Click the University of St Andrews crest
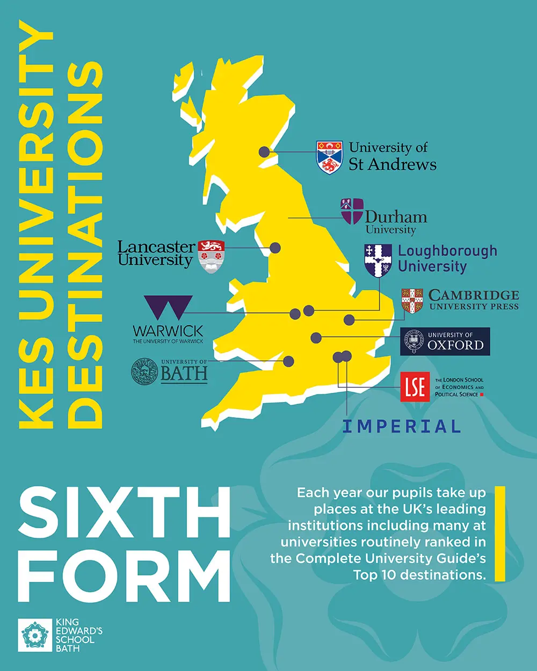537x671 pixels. [329, 157]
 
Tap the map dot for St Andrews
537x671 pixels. [264, 152]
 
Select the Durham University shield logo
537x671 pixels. [352, 211]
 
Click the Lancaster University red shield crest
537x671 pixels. [211, 256]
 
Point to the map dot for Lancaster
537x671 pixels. [275, 247]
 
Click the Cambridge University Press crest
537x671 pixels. [412, 301]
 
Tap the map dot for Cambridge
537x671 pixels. [349, 319]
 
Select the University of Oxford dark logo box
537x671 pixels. [445, 341]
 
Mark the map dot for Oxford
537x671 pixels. [316, 338]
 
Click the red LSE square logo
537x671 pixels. [415, 386]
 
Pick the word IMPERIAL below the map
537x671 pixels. [402, 427]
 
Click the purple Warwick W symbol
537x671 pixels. [168, 308]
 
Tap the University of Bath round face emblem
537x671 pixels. [144, 371]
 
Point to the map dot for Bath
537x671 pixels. [288, 361]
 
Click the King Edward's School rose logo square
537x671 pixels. [35, 635]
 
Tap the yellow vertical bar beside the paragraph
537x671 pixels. [500, 534]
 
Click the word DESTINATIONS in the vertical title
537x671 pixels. [86, 244]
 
